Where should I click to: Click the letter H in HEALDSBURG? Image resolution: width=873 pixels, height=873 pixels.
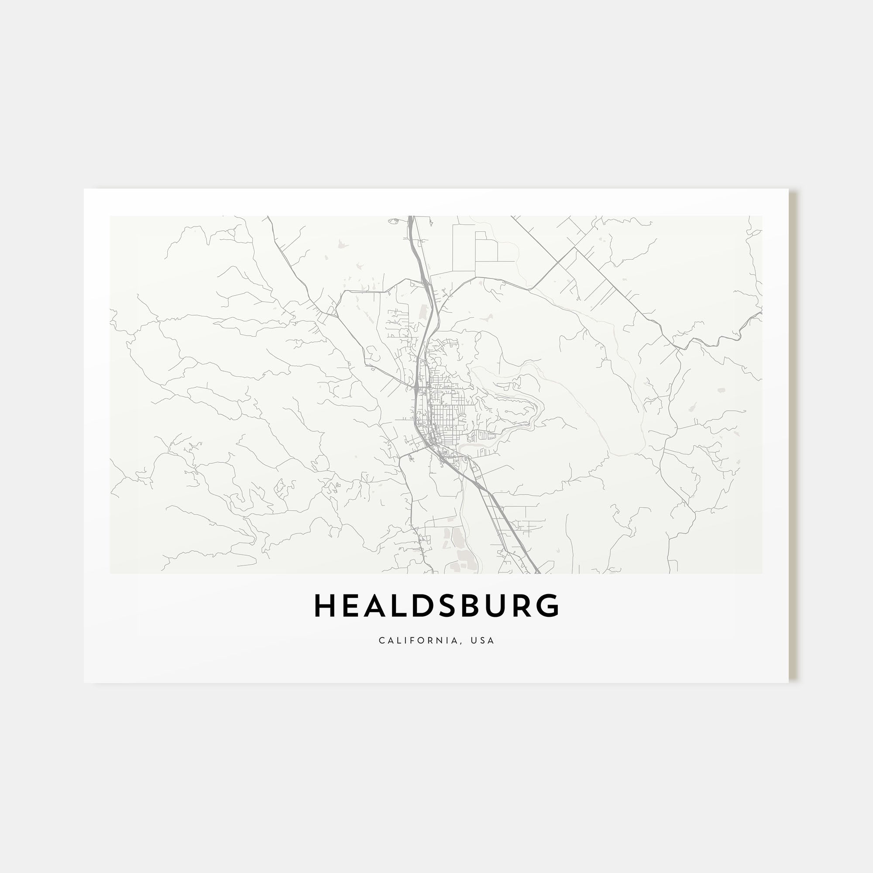[323, 606]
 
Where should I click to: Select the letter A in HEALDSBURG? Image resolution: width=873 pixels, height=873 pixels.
[375, 606]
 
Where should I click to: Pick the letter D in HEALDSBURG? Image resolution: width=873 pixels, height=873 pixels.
[424, 606]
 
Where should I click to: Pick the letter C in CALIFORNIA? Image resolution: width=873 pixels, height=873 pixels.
[382, 640]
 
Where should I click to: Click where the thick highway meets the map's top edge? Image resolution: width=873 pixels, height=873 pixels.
[411, 217]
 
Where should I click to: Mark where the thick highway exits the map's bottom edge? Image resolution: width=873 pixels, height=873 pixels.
[537, 573]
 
